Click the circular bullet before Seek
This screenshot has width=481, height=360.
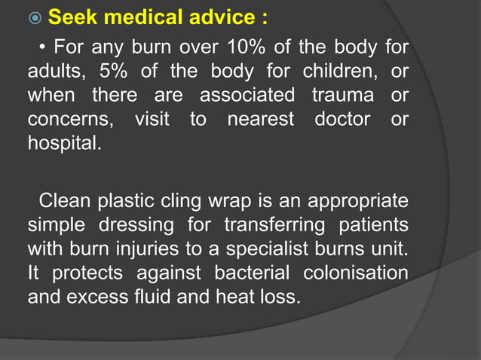(35, 17)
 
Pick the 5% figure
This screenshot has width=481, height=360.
(115, 73)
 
